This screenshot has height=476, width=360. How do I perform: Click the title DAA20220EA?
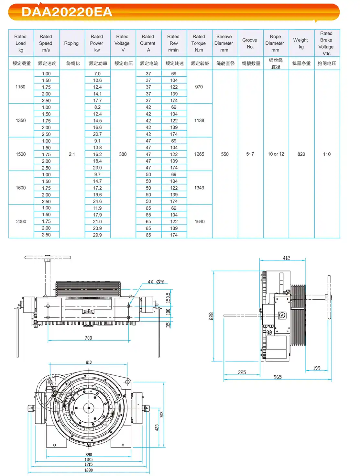tap(67, 12)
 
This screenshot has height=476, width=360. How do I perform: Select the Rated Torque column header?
tap(199, 43)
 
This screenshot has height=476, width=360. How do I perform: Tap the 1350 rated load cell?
tap(21, 121)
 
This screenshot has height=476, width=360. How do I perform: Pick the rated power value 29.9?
tap(97, 235)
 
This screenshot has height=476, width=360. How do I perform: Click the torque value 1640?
tap(200, 222)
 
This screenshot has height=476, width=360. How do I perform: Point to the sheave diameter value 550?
tap(225, 154)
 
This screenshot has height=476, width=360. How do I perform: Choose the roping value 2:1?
tap(72, 154)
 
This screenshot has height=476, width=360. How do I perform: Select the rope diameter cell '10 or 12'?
tap(276, 154)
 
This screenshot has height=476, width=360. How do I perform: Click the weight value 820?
tap(301, 154)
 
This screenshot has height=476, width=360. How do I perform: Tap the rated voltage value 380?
tap(123, 154)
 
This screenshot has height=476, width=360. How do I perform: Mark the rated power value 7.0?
tap(97, 74)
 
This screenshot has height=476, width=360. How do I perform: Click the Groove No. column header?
tap(250, 43)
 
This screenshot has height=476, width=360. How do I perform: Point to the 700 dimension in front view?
tap(88, 338)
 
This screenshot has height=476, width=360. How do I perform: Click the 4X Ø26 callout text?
tap(156, 282)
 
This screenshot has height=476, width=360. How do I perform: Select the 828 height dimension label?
tap(211, 316)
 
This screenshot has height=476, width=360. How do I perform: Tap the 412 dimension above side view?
tap(286, 258)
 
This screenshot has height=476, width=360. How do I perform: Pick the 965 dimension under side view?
tap(278, 377)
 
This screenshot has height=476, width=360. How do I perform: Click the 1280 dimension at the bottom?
tap(89, 470)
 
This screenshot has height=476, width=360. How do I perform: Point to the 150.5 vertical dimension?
tap(168, 298)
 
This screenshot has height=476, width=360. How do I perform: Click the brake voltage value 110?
tap(327, 154)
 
